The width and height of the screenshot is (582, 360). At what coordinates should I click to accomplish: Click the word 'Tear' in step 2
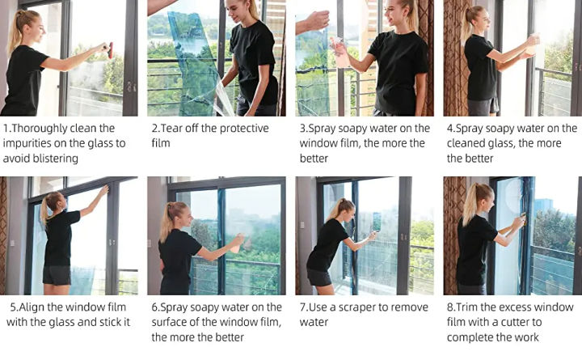coord(174,129)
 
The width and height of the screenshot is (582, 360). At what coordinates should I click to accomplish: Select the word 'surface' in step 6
coord(171,322)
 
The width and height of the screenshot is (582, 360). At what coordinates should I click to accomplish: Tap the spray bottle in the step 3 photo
coord(340,52)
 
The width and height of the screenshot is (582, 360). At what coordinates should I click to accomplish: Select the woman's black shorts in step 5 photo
coord(57,275)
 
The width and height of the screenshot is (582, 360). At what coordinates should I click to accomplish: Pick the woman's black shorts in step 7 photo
coord(319,277)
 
